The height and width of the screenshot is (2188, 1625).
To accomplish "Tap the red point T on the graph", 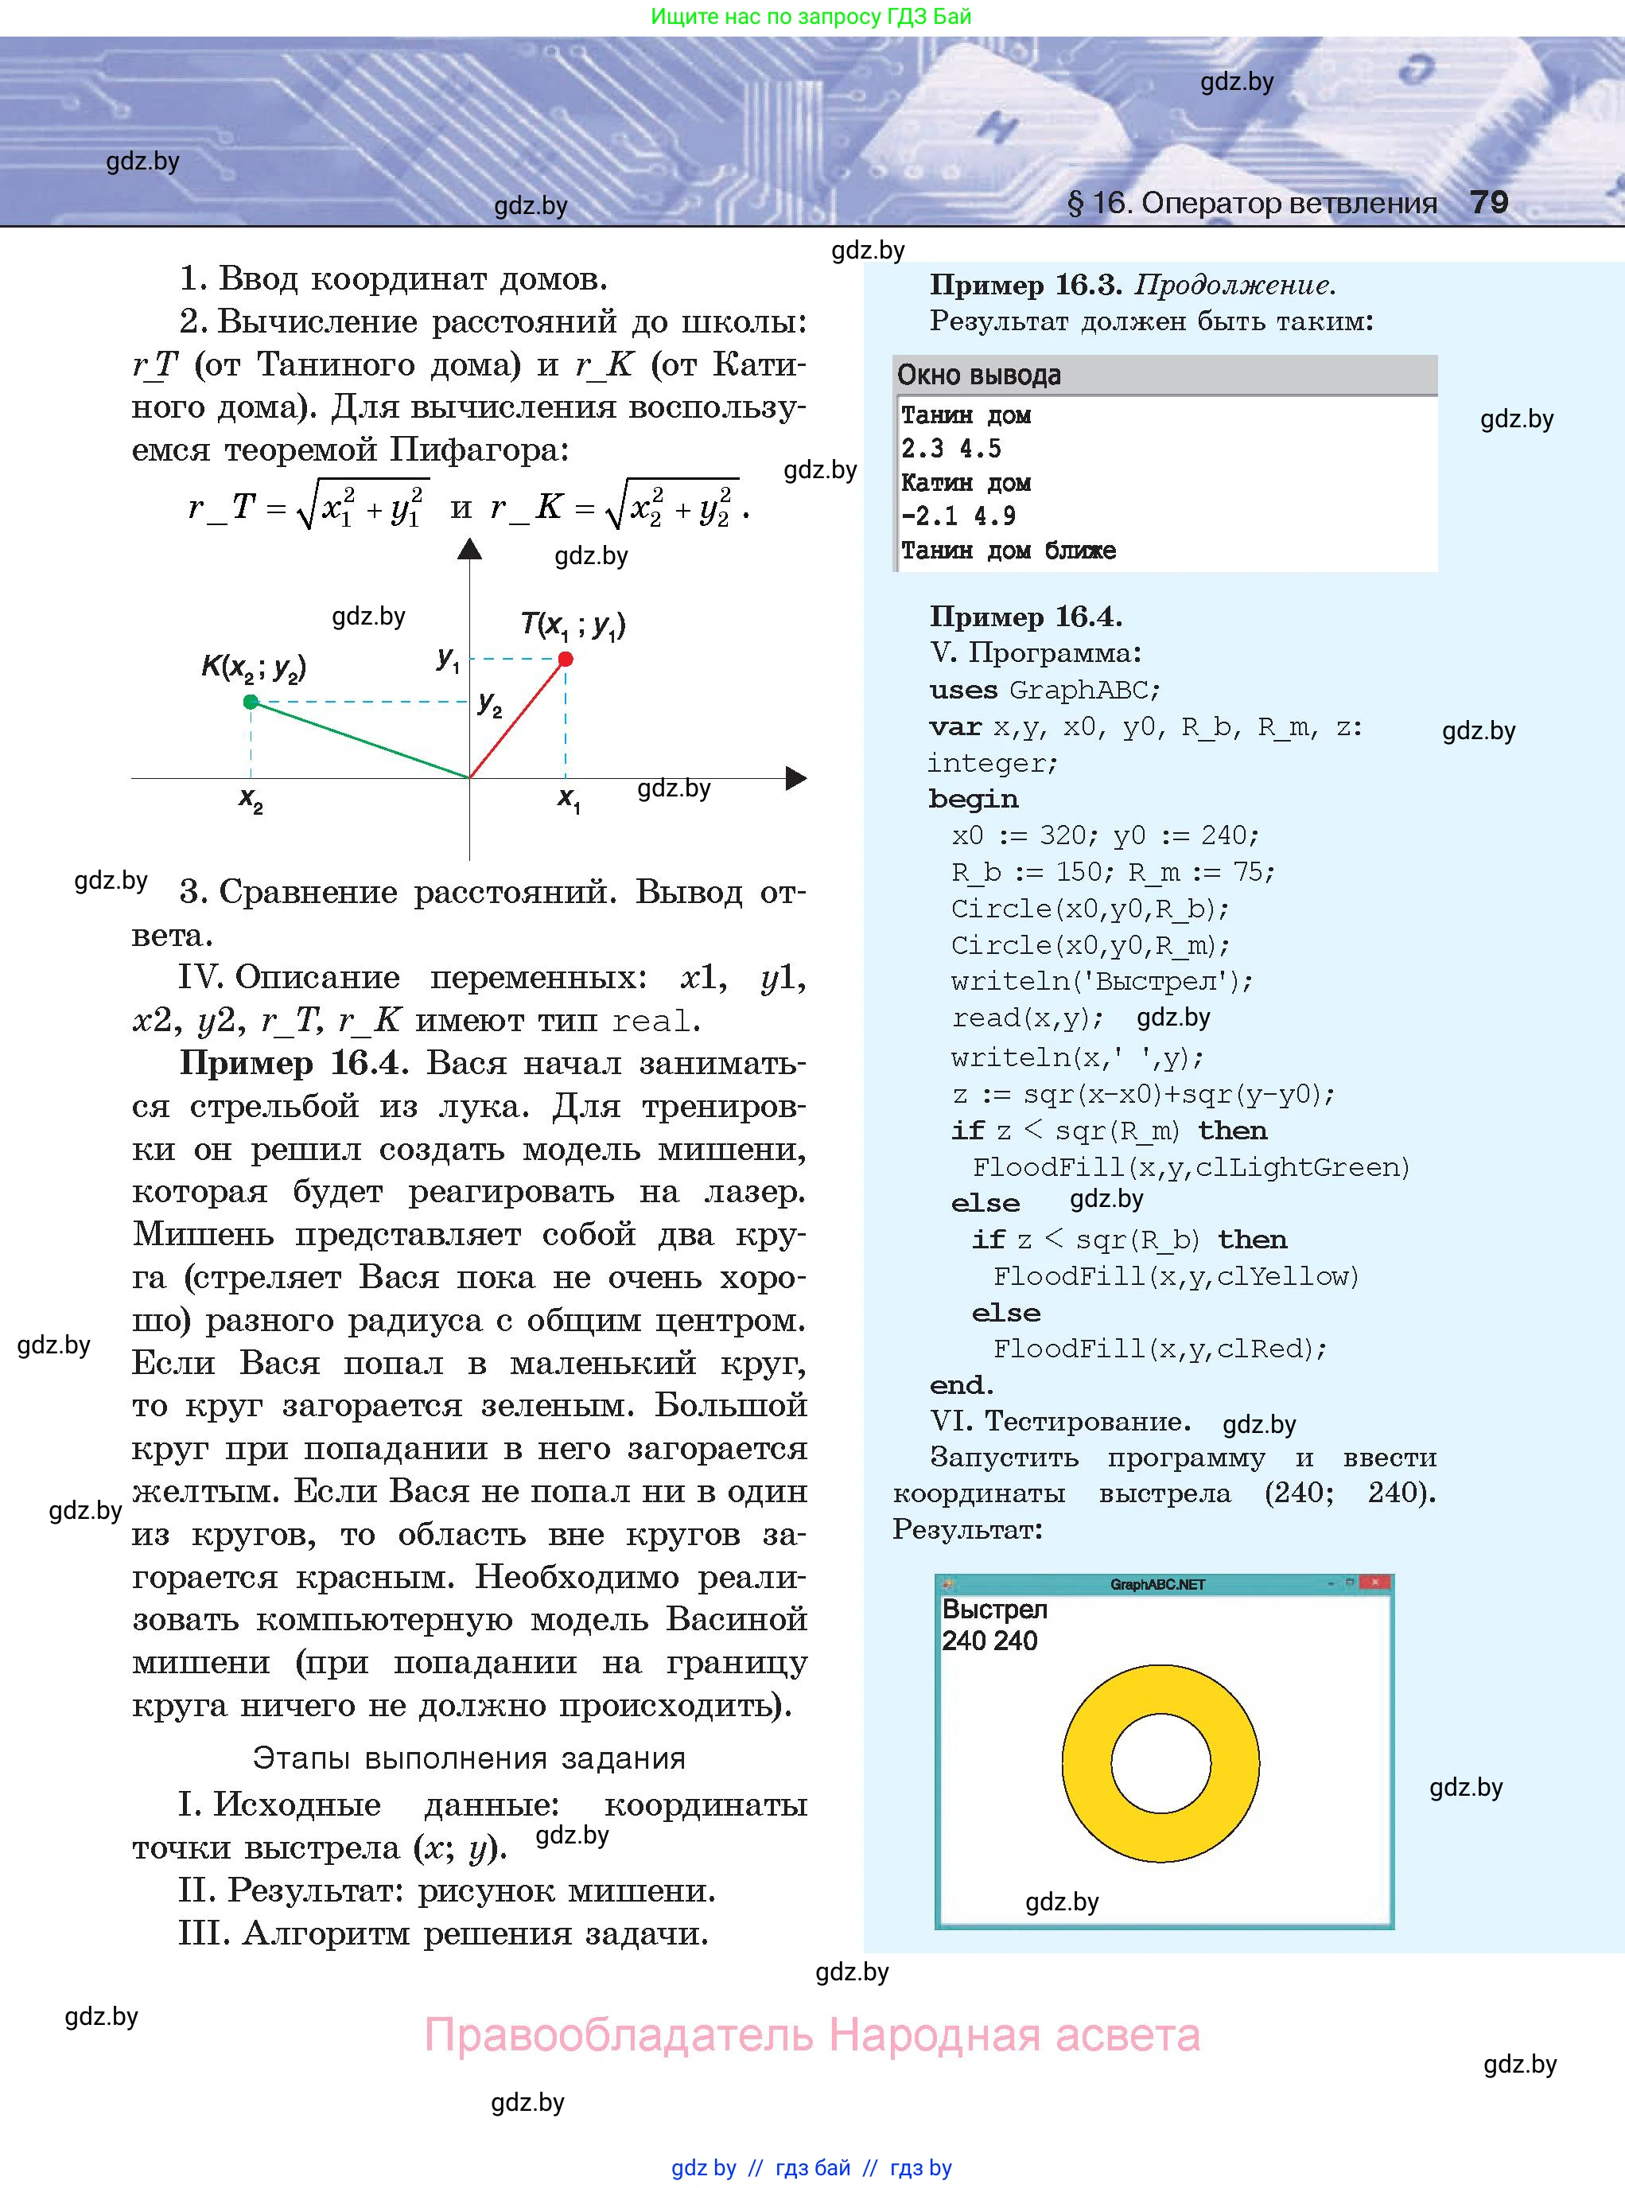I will tap(566, 659).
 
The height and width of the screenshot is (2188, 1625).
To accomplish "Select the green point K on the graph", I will tap(251, 702).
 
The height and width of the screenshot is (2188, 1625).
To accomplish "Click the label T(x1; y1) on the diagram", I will tap(573, 625).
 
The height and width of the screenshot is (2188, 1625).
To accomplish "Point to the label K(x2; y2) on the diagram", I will tap(254, 668).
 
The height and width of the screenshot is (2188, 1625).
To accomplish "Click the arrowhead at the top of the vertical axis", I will tap(470, 549).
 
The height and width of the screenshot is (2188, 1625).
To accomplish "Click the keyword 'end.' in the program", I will tap(961, 1385).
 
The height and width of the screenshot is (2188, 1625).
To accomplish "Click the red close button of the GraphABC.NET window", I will tap(1376, 1583).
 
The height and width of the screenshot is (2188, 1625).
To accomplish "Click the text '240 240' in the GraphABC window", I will tap(989, 1641).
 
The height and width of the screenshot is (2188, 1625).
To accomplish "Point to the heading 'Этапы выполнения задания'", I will tap(469, 1758).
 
